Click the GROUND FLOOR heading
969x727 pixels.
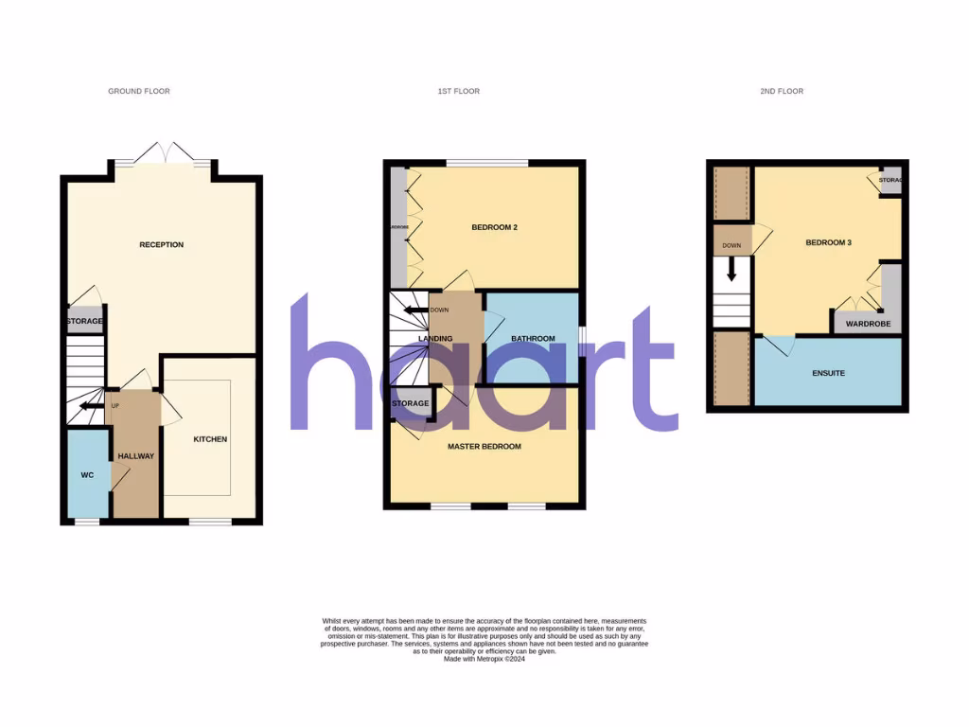[x=139, y=92]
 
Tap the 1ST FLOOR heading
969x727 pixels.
[x=458, y=92]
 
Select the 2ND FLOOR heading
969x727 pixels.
[x=782, y=92]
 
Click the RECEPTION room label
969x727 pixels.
[x=162, y=245]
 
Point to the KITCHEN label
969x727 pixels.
[x=210, y=439]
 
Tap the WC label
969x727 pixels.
[x=87, y=474]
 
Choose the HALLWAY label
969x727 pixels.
[x=135, y=456]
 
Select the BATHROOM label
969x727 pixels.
[x=533, y=339]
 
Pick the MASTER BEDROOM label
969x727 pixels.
[x=484, y=447]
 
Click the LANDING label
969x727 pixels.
[x=435, y=339]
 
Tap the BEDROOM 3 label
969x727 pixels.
[x=829, y=243]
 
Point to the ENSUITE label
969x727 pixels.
[x=828, y=374]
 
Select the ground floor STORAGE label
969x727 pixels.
[x=85, y=321]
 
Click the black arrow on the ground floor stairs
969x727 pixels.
[x=91, y=406]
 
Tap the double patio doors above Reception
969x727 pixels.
[x=163, y=153]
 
